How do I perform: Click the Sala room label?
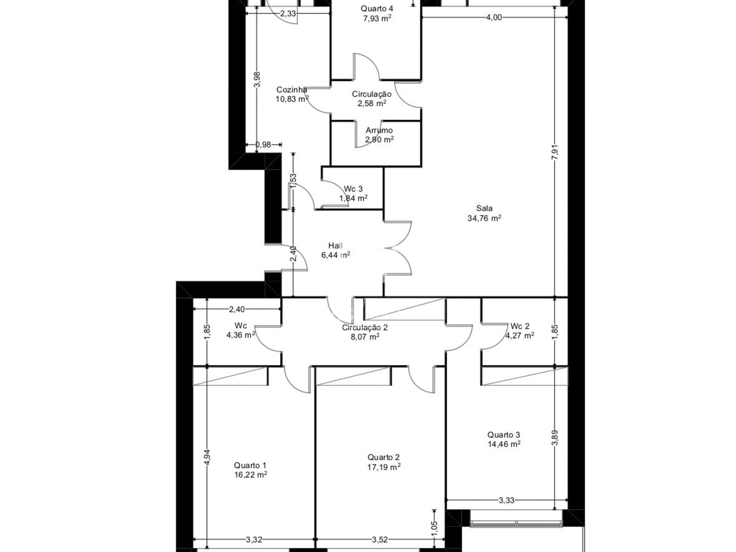(x=484, y=208)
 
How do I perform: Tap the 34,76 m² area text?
(x=484, y=218)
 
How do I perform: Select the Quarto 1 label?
(x=250, y=465)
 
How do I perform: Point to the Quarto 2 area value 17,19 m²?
(x=384, y=467)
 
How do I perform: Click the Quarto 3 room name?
(x=504, y=435)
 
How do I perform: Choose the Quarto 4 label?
(x=377, y=8)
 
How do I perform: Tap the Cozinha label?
(x=292, y=90)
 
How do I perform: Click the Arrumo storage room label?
(x=379, y=130)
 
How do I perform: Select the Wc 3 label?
(x=353, y=189)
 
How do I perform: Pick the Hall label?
(x=335, y=246)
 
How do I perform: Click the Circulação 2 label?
(x=365, y=328)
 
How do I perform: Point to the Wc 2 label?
(x=520, y=326)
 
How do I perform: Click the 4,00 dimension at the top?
(x=494, y=17)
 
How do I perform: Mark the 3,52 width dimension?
(x=380, y=540)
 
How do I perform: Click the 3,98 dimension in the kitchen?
(x=257, y=80)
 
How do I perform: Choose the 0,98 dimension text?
(x=263, y=144)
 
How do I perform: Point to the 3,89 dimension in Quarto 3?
(x=555, y=438)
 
